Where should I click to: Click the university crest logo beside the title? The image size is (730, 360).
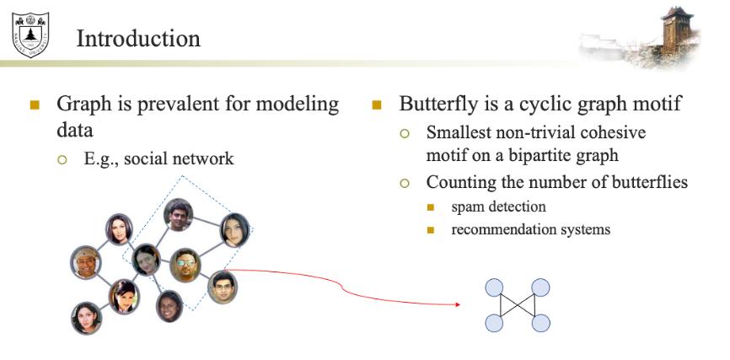[30, 30]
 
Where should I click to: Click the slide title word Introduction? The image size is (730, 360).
[138, 38]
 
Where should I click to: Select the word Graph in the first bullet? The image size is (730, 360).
[83, 105]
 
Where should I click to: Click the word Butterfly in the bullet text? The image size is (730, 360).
[437, 105]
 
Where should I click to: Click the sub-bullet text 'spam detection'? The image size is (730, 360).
[498, 207]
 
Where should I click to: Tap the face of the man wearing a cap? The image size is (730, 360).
[86, 262]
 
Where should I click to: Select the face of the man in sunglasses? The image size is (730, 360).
[185, 265]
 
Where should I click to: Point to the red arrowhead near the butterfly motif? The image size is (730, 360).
[458, 304]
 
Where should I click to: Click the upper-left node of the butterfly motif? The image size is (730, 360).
[494, 288]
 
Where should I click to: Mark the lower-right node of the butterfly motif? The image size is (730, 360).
[541, 322]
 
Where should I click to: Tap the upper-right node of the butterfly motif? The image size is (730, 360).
[541, 288]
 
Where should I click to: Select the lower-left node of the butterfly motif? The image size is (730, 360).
[494, 322]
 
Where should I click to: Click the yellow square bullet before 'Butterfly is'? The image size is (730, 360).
[377, 105]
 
